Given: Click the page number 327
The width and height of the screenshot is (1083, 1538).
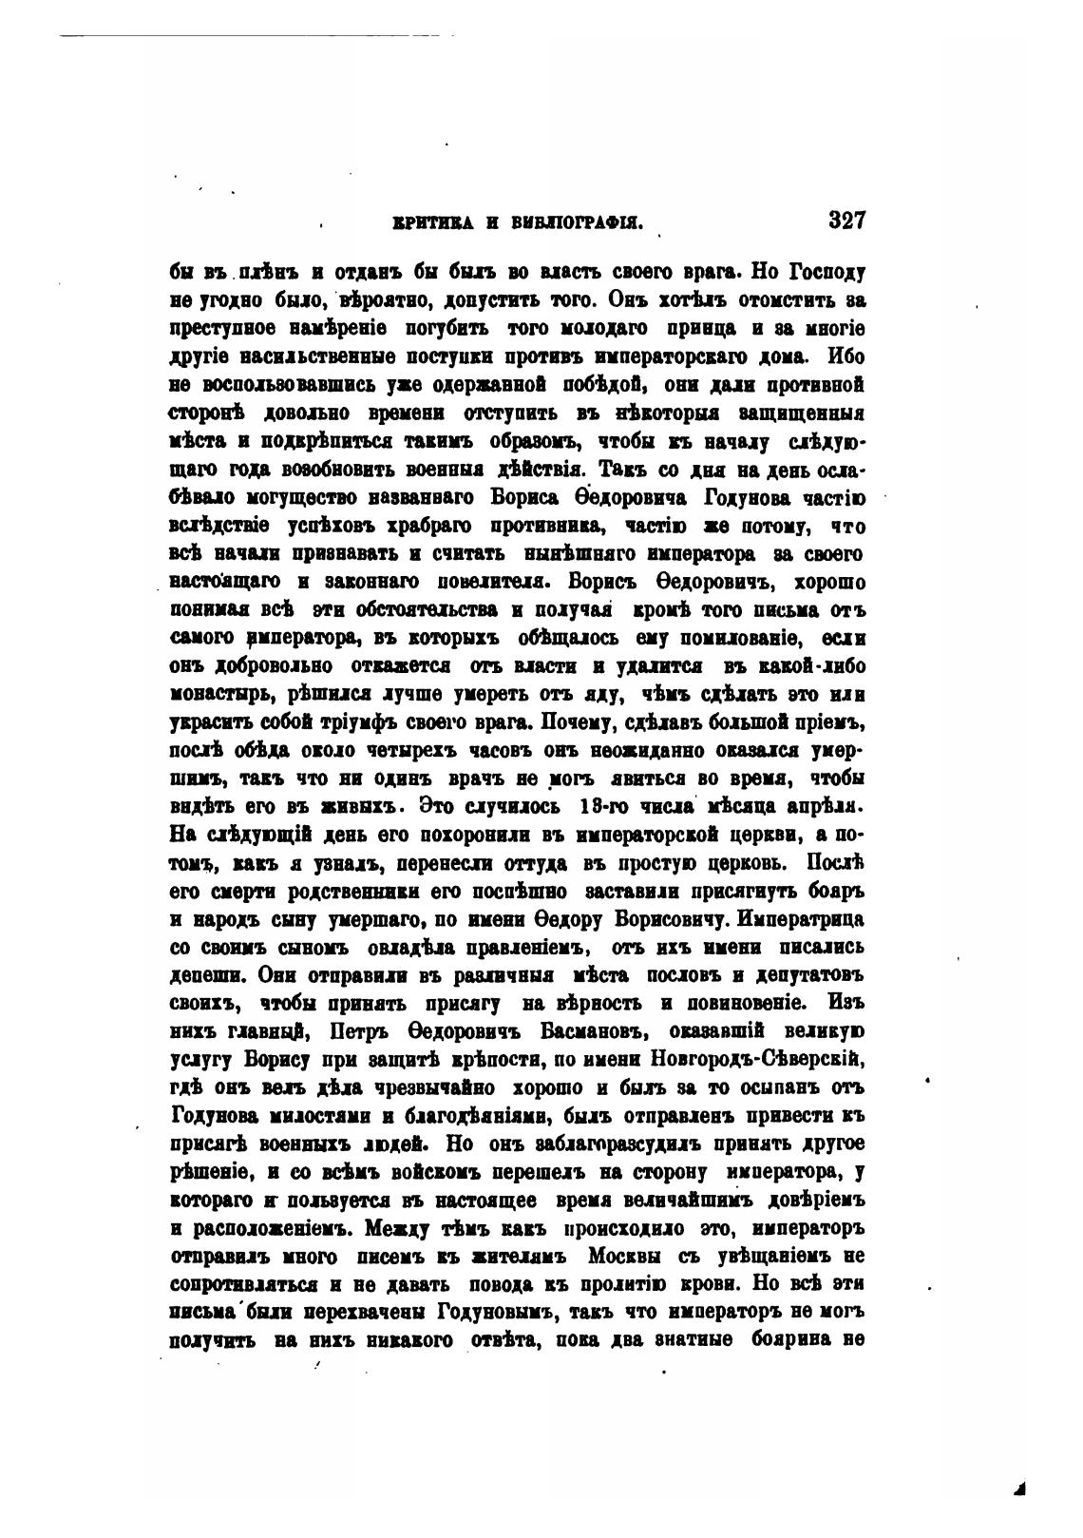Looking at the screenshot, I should pyautogui.click(x=846, y=221).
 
